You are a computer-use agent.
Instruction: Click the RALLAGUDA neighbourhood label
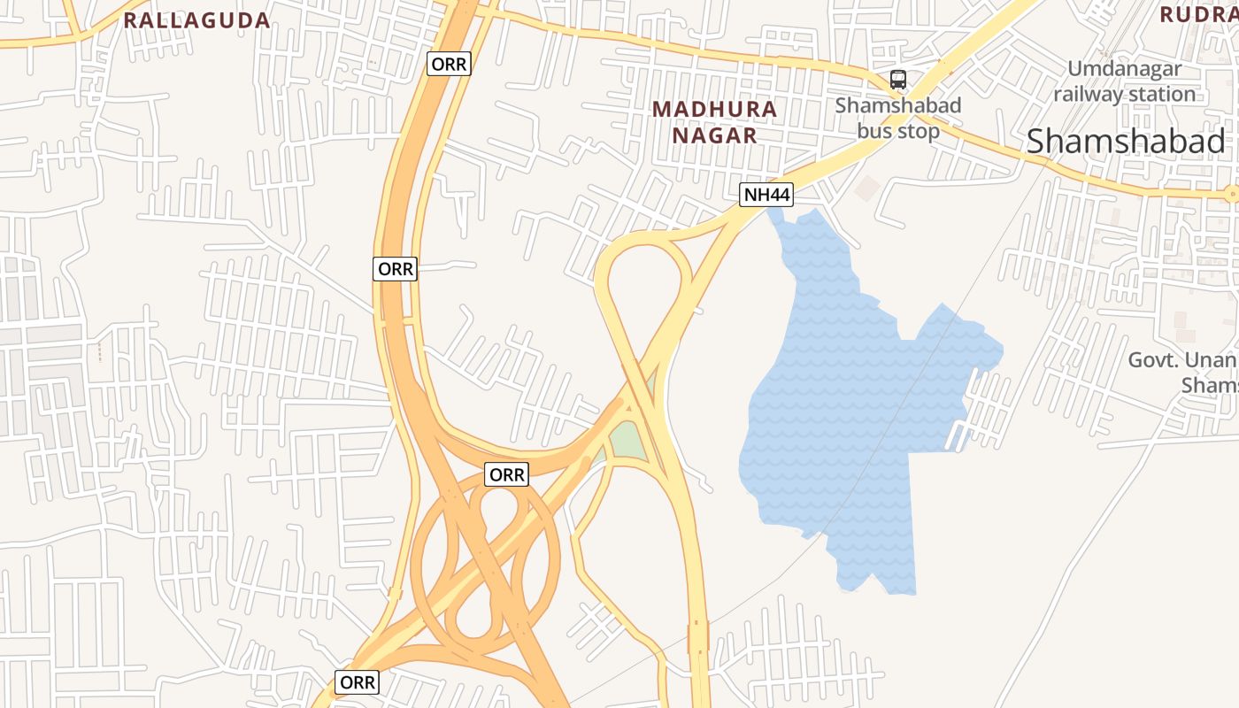pyautogui.click(x=196, y=20)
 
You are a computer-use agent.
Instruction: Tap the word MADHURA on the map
pyautogui.click(x=714, y=109)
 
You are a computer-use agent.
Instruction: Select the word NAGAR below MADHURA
pyautogui.click(x=714, y=135)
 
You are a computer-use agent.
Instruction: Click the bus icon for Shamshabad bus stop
pyautogui.click(x=898, y=80)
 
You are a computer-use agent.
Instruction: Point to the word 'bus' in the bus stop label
pyautogui.click(x=875, y=131)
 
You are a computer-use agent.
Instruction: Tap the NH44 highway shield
pyautogui.click(x=766, y=195)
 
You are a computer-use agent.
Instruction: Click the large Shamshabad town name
pyautogui.click(x=1126, y=141)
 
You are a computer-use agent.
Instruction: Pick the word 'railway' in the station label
pyautogui.click(x=1088, y=94)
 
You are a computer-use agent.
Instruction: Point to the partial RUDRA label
pyautogui.click(x=1198, y=14)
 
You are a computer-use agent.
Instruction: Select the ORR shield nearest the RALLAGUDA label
pyautogui.click(x=449, y=64)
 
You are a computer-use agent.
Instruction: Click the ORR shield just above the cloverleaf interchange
pyautogui.click(x=507, y=475)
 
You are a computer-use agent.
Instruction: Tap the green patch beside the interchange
pyautogui.click(x=628, y=440)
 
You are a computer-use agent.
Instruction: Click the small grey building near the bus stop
pyautogui.click(x=868, y=187)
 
